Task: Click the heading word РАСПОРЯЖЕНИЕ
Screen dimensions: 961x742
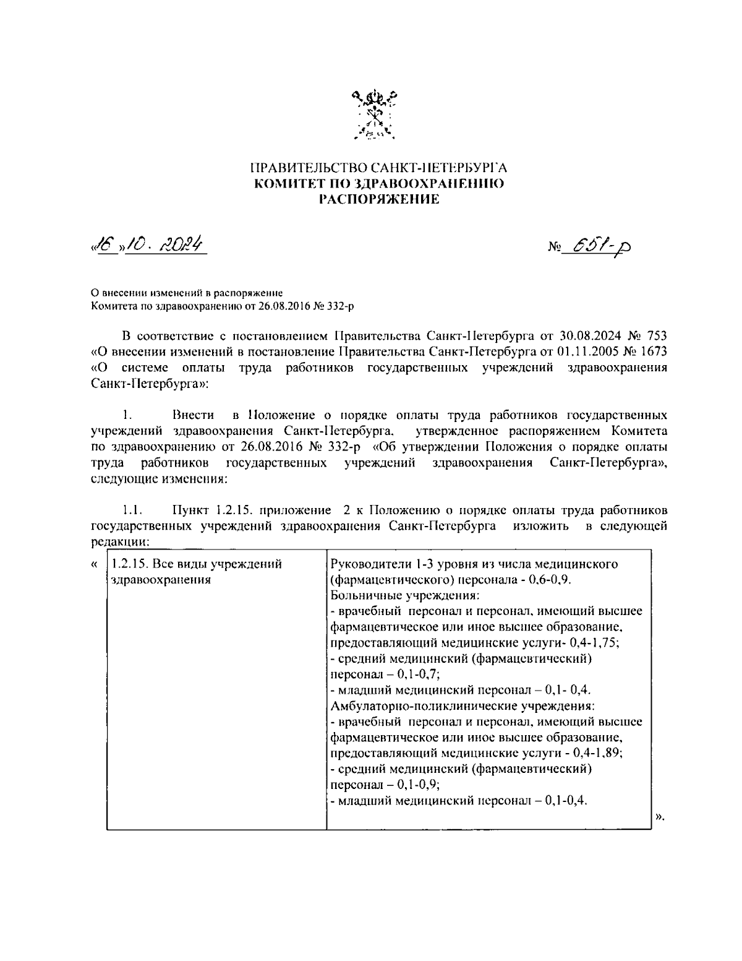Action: (x=378, y=199)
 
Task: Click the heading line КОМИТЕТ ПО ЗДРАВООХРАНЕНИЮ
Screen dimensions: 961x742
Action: (x=378, y=184)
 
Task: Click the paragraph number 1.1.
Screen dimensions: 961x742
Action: (x=133, y=511)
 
